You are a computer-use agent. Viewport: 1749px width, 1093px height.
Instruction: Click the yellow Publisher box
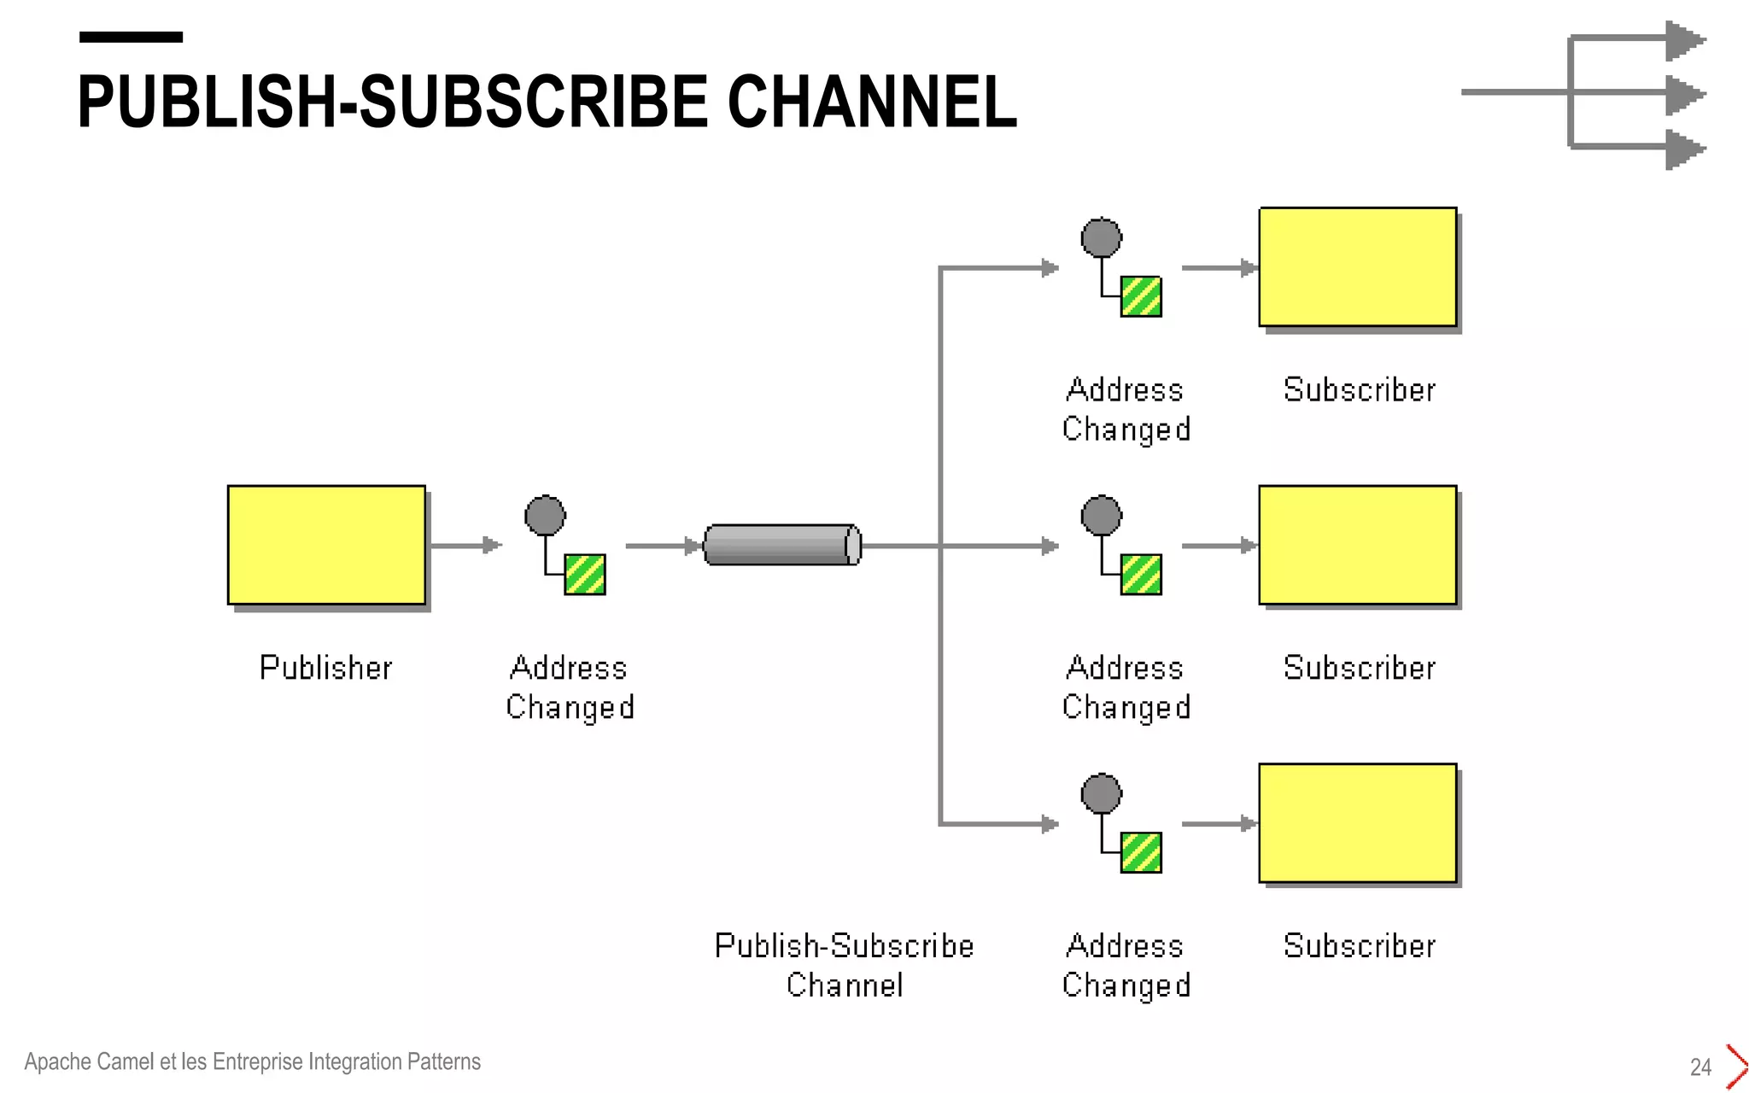tap(326, 545)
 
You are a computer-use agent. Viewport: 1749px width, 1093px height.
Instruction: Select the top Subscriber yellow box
tap(1357, 266)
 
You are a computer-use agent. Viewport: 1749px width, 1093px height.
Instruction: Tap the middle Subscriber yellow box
tap(1357, 545)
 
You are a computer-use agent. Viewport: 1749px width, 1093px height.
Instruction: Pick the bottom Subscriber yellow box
tap(1357, 822)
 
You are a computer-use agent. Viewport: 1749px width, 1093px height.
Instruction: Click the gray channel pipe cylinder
tap(781, 545)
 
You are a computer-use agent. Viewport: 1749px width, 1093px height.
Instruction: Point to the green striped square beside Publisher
tap(585, 575)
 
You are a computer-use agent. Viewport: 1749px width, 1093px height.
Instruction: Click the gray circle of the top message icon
tap(1101, 237)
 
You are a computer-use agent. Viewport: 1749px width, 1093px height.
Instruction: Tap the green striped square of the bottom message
tap(1141, 852)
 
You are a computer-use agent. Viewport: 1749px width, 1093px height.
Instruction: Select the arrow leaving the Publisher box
tap(465, 545)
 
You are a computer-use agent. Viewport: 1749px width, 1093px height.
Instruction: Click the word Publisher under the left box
tap(325, 668)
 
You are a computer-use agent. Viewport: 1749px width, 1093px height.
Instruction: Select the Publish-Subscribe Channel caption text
tap(844, 965)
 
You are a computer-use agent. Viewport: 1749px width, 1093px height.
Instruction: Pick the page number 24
tap(1700, 1067)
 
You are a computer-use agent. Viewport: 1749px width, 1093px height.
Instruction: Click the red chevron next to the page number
tap(1736, 1067)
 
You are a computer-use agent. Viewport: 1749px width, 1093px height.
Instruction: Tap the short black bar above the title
tap(131, 37)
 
